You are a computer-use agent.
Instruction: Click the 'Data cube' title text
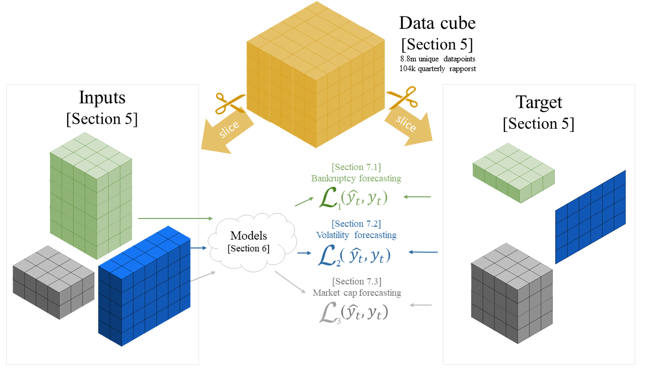437,23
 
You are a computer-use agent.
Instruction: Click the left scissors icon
228,103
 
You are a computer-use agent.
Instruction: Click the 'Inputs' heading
102,97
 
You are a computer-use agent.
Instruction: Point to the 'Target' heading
539,102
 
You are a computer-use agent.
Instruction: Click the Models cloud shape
252,240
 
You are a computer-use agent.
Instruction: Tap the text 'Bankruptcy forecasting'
356,178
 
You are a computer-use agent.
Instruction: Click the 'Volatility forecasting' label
356,235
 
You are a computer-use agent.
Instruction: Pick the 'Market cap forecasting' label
357,293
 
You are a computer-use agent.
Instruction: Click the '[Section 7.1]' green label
356,167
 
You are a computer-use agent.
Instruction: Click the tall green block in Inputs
90,196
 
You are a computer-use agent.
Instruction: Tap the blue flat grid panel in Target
590,216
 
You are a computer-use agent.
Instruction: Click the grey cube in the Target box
505,294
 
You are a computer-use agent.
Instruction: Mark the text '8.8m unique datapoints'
437,59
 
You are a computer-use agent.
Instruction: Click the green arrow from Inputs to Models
175,219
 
